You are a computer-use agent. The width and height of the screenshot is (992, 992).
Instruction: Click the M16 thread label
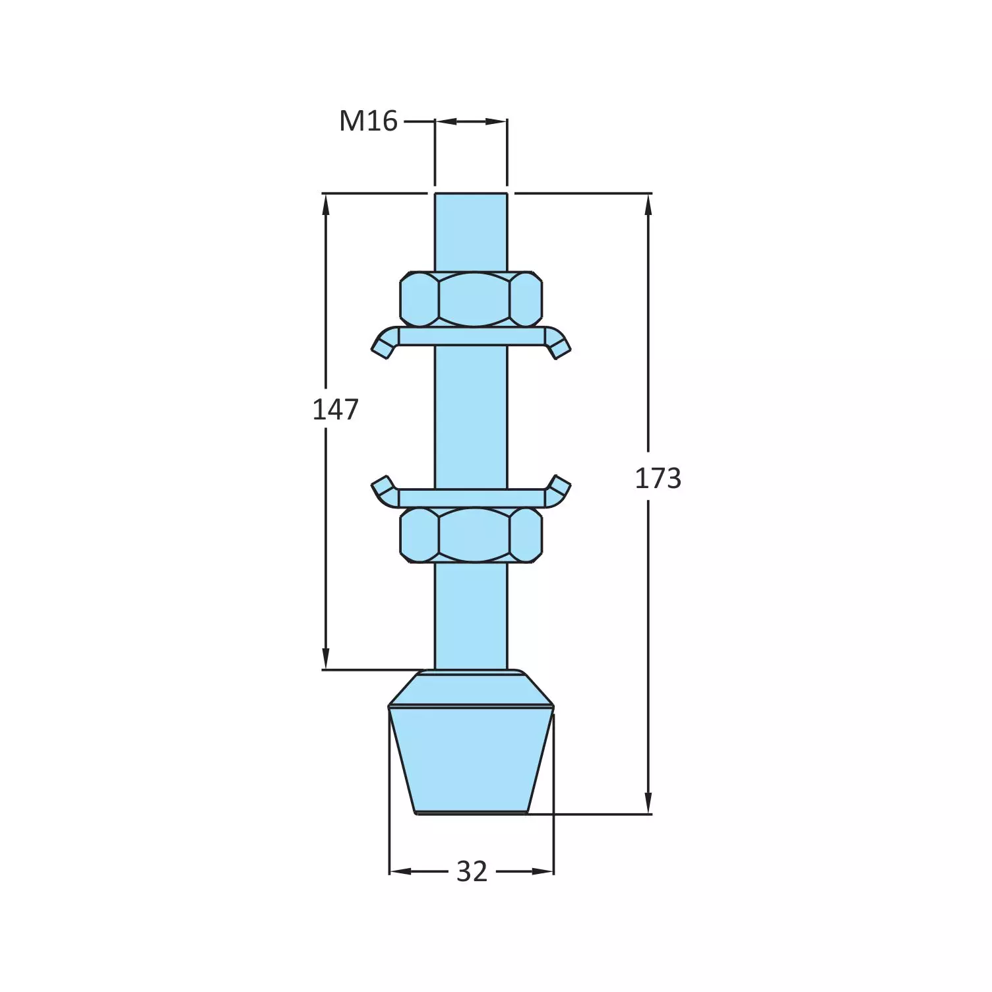[368, 121]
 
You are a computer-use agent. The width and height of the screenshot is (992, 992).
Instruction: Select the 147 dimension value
[335, 410]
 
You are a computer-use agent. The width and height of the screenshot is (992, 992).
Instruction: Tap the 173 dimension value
[658, 478]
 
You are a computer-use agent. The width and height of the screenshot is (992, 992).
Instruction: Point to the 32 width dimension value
[472, 872]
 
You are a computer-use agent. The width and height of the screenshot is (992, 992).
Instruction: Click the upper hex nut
[471, 299]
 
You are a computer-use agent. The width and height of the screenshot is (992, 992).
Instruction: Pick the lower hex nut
[471, 535]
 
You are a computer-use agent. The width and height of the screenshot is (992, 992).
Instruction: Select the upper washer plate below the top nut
[471, 336]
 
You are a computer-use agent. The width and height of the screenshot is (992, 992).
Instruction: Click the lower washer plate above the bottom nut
[471, 498]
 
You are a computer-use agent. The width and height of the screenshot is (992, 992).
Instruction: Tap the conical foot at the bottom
[471, 759]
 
